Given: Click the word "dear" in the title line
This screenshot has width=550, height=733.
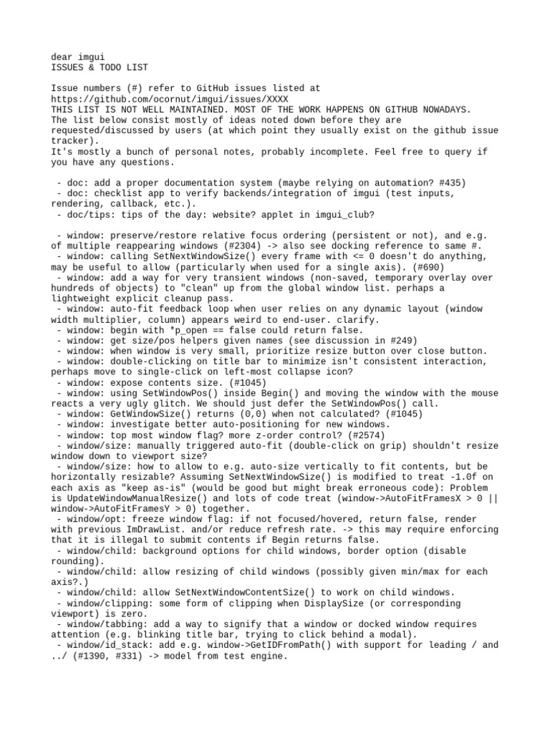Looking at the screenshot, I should (x=62, y=57).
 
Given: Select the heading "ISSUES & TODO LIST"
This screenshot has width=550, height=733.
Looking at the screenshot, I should (x=100, y=67).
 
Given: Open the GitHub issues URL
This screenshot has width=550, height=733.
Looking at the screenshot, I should (x=171, y=99).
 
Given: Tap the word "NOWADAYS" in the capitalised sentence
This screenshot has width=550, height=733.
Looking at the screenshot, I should (x=446, y=110).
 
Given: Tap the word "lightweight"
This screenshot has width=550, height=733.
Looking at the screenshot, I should (x=81, y=298).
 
